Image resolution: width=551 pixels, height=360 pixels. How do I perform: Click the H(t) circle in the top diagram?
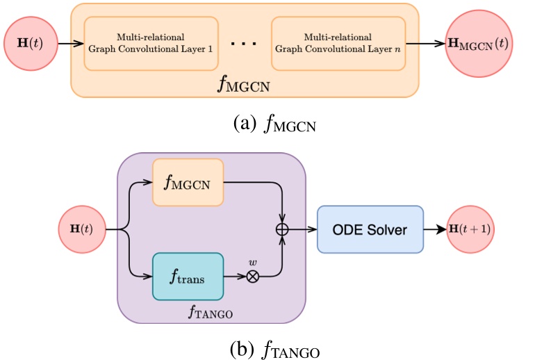coord(28,42)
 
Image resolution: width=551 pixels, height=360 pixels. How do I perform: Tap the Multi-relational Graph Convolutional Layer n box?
coord(338,43)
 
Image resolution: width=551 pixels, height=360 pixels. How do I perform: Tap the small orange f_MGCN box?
coord(188,182)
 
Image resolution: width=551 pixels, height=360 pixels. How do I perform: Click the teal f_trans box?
coord(188,275)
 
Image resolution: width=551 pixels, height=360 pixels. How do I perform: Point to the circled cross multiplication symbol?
coord(253,276)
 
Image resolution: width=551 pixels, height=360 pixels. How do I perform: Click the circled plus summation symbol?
coord(283,229)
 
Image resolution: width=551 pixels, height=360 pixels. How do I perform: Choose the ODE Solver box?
coord(370,229)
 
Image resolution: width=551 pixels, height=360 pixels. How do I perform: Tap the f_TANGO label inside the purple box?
coord(211,311)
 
